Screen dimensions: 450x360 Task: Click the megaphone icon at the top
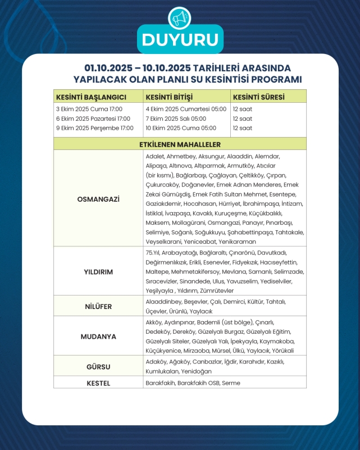180,19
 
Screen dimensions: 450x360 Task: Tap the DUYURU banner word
180,40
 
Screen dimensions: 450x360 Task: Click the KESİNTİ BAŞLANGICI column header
90,96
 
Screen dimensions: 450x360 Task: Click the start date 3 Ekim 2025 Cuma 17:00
89,109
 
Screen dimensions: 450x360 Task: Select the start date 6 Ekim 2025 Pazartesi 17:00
93,119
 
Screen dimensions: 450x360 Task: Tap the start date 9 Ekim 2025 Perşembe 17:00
95,128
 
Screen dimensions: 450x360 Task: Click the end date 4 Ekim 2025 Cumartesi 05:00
186,109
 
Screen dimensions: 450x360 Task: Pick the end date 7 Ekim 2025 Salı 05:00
176,119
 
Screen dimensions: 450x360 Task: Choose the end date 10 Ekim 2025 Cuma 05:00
181,128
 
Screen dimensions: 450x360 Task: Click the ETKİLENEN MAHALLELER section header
180,144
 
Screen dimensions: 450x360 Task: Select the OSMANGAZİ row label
98,198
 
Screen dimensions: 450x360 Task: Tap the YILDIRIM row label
98,271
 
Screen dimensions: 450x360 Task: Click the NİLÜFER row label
98,307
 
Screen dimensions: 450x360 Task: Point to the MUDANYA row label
98,337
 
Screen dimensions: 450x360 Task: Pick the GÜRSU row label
98,367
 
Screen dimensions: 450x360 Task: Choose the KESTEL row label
98,383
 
